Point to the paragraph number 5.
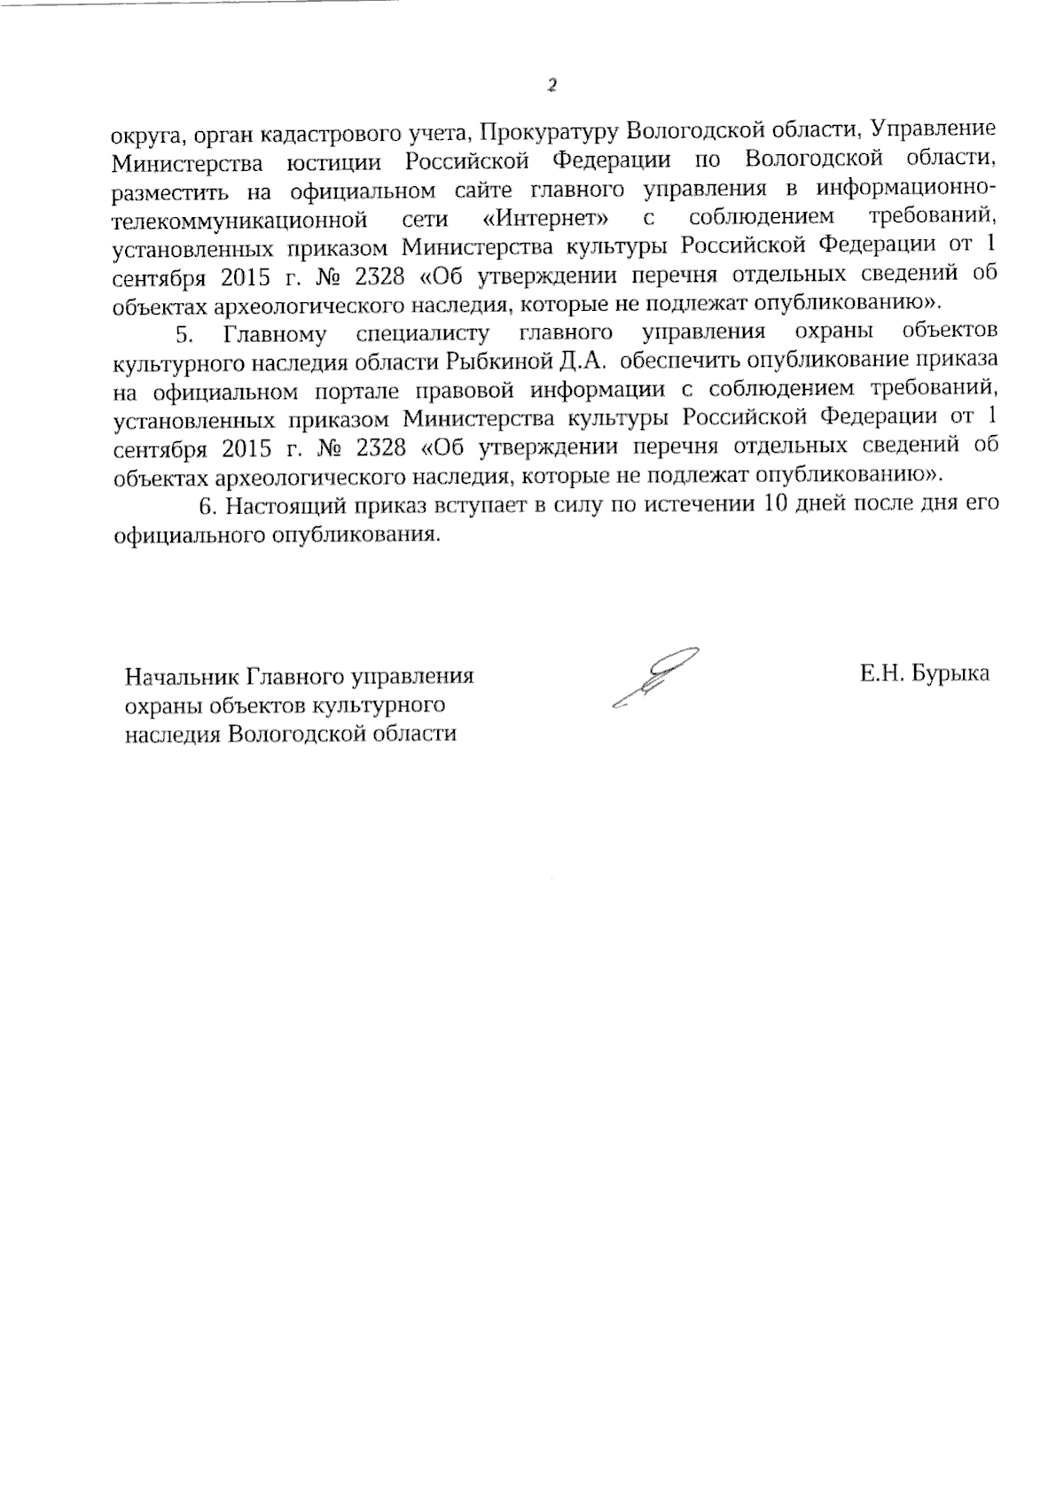pyautogui.click(x=184, y=333)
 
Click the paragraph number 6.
pyautogui.click(x=208, y=506)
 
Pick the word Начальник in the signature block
pyautogui.click(x=182, y=677)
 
